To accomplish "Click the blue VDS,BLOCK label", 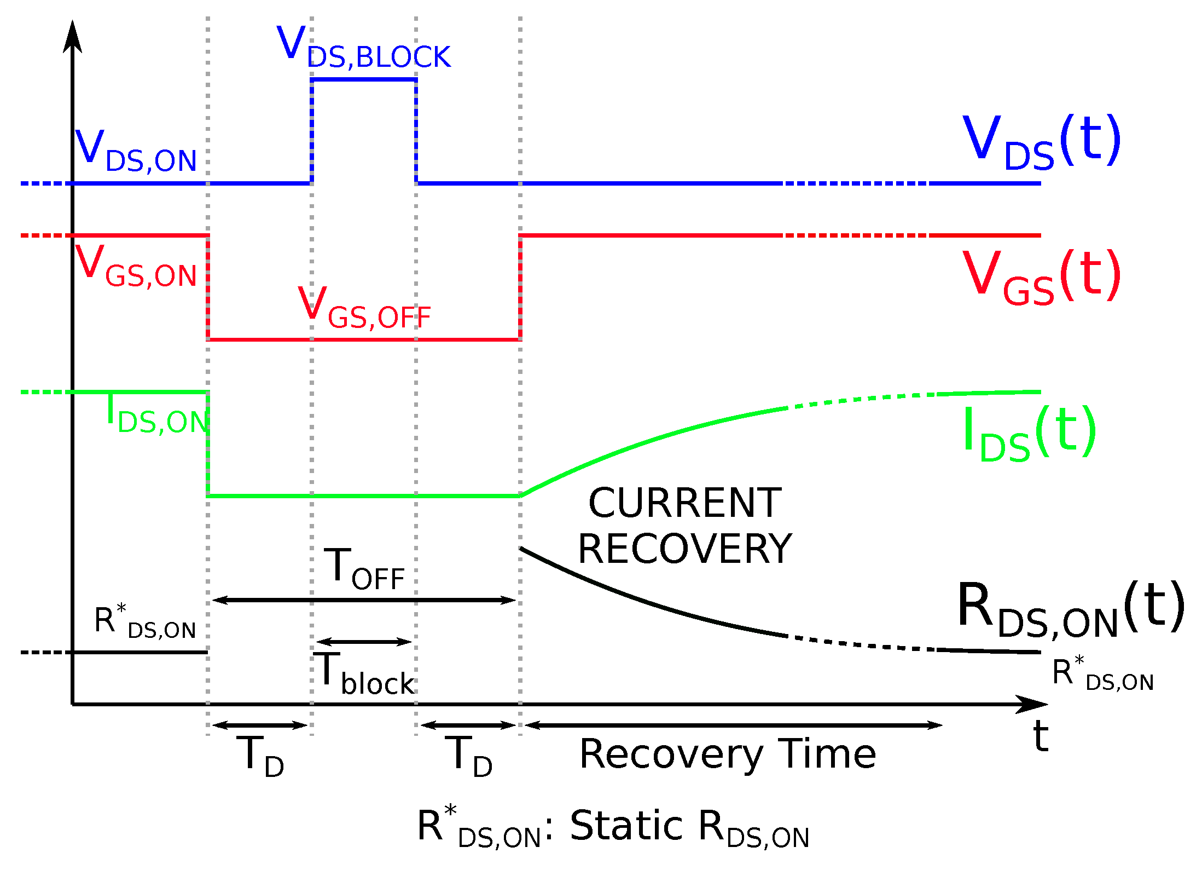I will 363,48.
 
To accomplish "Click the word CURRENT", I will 685,503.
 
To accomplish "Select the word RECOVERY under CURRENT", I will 685,549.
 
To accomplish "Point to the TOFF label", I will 364,569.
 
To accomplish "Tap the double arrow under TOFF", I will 364,601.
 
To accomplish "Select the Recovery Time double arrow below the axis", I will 733,725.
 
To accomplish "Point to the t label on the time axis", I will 1040,736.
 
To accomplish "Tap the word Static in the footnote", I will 626,825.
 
